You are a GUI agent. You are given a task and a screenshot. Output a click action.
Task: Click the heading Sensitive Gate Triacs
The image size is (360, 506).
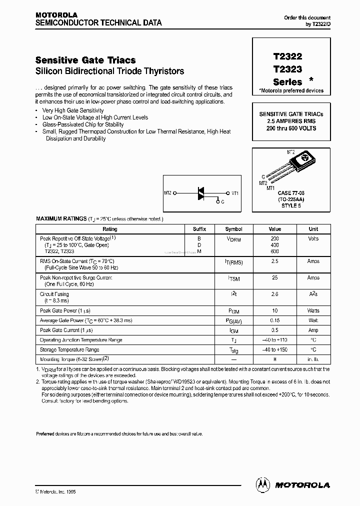(85, 60)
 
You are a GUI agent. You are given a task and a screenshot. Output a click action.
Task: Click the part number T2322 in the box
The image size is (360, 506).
(287, 57)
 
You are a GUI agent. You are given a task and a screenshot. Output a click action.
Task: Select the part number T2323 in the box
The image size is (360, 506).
(287, 69)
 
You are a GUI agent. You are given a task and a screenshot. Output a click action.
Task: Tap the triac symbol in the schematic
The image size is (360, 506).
(201, 193)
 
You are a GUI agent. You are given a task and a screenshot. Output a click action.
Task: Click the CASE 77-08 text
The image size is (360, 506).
(291, 193)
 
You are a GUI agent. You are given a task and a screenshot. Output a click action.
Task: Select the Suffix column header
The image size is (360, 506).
(199, 229)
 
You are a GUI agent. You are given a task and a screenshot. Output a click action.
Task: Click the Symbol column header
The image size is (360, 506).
(233, 229)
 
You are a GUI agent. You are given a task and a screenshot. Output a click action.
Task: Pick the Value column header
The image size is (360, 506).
(274, 229)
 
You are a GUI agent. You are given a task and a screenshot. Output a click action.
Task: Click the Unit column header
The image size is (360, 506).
(313, 229)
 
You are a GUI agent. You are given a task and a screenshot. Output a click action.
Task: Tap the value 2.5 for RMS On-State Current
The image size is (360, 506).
(274, 261)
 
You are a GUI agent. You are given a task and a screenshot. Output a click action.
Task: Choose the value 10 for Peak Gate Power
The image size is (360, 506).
(274, 310)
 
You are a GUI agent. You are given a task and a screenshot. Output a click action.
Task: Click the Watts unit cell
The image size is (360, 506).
(313, 310)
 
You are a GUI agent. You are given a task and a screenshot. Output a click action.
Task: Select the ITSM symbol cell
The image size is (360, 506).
(233, 278)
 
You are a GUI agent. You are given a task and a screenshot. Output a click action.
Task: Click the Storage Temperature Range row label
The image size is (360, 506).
(69, 349)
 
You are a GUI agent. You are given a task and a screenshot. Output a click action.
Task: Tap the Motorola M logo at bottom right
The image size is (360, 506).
(261, 484)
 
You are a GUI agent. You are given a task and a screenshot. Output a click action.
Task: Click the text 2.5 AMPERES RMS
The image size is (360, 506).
(287, 121)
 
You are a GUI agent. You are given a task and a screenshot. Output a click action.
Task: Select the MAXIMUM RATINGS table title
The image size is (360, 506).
(60, 219)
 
